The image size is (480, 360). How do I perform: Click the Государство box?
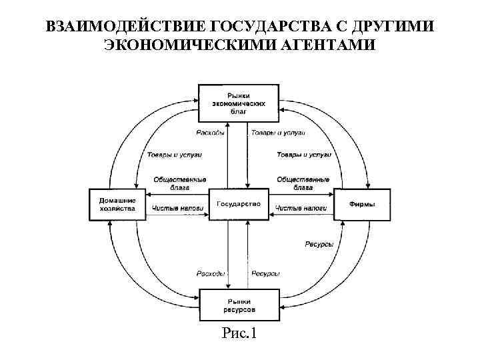click(239, 203)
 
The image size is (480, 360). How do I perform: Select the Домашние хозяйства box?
click(117, 204)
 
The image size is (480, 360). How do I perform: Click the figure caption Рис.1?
click(239, 333)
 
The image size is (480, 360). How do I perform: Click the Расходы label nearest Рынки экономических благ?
click(211, 133)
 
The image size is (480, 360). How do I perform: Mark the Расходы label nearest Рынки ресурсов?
click(211, 273)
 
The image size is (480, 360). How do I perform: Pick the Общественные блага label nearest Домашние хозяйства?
click(179, 183)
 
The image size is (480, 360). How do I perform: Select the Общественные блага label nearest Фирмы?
click(303, 183)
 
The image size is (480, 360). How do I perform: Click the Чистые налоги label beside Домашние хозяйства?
click(177, 209)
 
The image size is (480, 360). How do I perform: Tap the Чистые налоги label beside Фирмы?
click(301, 209)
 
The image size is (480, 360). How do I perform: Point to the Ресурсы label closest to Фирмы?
click(319, 245)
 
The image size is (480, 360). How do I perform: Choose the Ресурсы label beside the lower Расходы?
click(265, 273)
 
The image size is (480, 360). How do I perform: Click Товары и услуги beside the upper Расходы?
click(278, 133)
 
